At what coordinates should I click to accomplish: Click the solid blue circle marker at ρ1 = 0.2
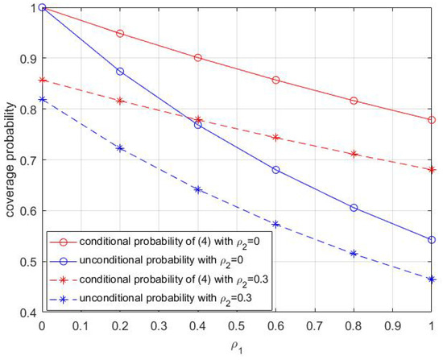point(120,71)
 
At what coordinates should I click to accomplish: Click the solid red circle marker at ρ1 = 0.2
point(120,34)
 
